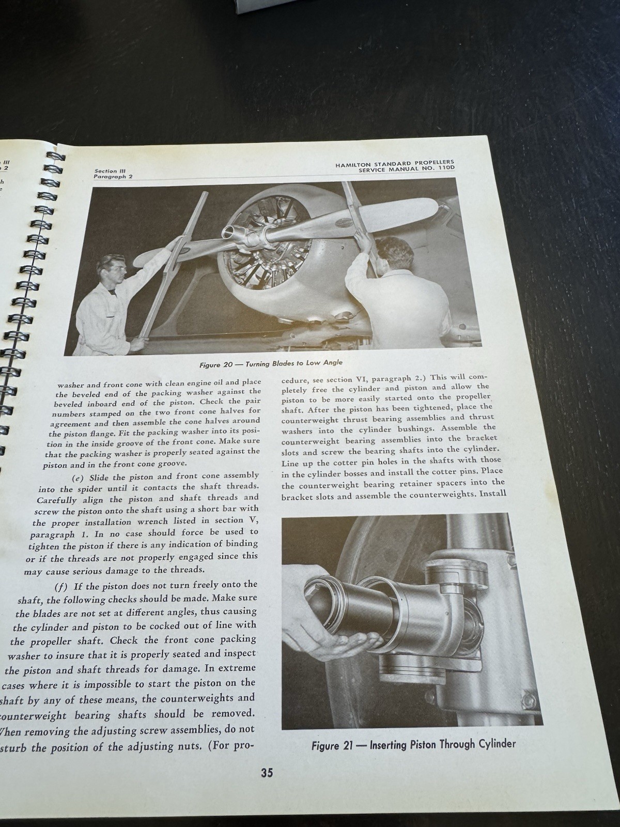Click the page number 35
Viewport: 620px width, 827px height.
267,773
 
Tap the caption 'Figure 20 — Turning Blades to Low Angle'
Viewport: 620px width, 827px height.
271,364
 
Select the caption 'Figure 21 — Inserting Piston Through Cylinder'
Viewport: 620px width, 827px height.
413,745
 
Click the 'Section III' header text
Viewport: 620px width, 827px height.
107,171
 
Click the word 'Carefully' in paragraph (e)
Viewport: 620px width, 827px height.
57,500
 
